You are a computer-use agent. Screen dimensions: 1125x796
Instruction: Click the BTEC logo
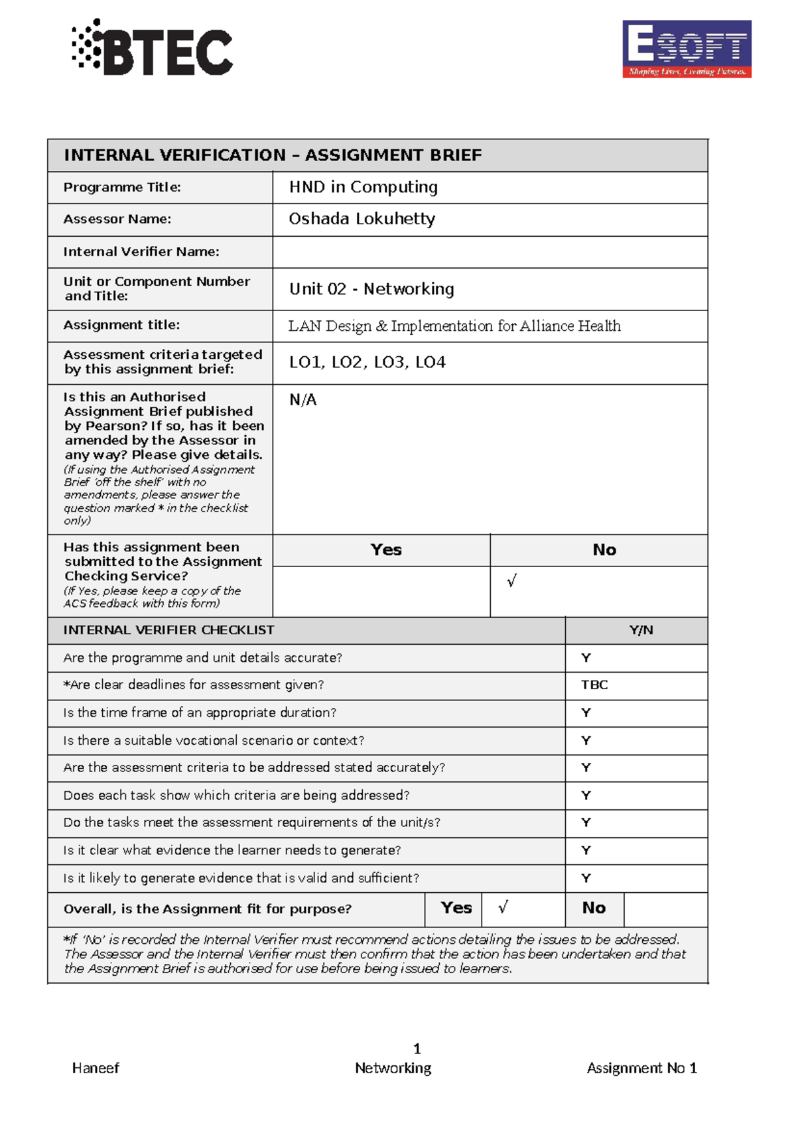coord(153,48)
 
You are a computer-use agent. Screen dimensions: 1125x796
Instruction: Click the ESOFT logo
coord(687,48)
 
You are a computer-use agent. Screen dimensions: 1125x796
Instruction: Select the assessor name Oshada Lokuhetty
coord(362,219)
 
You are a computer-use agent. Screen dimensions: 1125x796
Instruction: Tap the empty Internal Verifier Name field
coord(490,252)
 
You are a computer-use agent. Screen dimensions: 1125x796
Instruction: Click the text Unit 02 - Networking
coord(371,289)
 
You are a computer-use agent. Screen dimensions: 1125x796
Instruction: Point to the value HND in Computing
coord(363,187)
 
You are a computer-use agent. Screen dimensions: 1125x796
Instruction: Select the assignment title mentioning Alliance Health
coord(454,326)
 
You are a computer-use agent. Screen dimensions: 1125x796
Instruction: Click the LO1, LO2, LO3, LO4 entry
coord(367,362)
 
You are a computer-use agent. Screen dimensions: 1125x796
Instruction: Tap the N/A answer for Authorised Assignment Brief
coord(303,400)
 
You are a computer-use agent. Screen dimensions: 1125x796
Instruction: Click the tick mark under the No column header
coord(511,581)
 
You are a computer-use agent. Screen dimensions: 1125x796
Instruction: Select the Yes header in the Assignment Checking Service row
coord(386,550)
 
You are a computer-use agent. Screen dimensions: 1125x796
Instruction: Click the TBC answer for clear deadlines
coord(594,685)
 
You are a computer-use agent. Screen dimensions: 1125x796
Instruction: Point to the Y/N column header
coord(641,630)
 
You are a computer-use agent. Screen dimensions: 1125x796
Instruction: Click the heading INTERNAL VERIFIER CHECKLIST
coord(168,630)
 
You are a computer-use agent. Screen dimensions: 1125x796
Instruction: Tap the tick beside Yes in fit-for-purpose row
coord(503,907)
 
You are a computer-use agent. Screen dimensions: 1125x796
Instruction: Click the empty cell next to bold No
coord(665,909)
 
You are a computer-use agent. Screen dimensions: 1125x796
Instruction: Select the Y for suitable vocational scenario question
coord(586,740)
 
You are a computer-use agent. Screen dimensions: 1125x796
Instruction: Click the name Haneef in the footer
coord(96,1068)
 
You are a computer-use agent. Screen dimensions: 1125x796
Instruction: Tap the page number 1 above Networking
coord(417,1049)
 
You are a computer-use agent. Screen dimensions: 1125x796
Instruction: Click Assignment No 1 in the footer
coord(641,1068)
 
